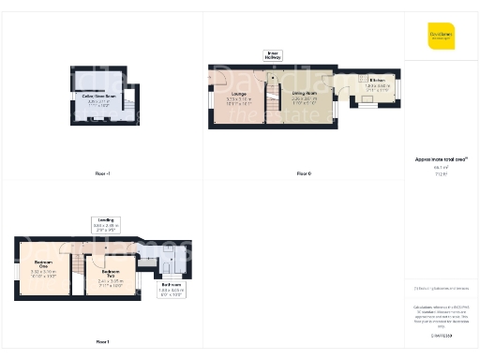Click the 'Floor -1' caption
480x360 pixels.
[x=103, y=174]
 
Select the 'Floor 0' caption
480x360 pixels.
[x=303, y=174]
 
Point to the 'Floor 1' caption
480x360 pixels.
[x=102, y=342]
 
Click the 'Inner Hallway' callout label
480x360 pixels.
[x=274, y=56]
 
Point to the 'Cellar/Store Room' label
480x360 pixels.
[x=98, y=96]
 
